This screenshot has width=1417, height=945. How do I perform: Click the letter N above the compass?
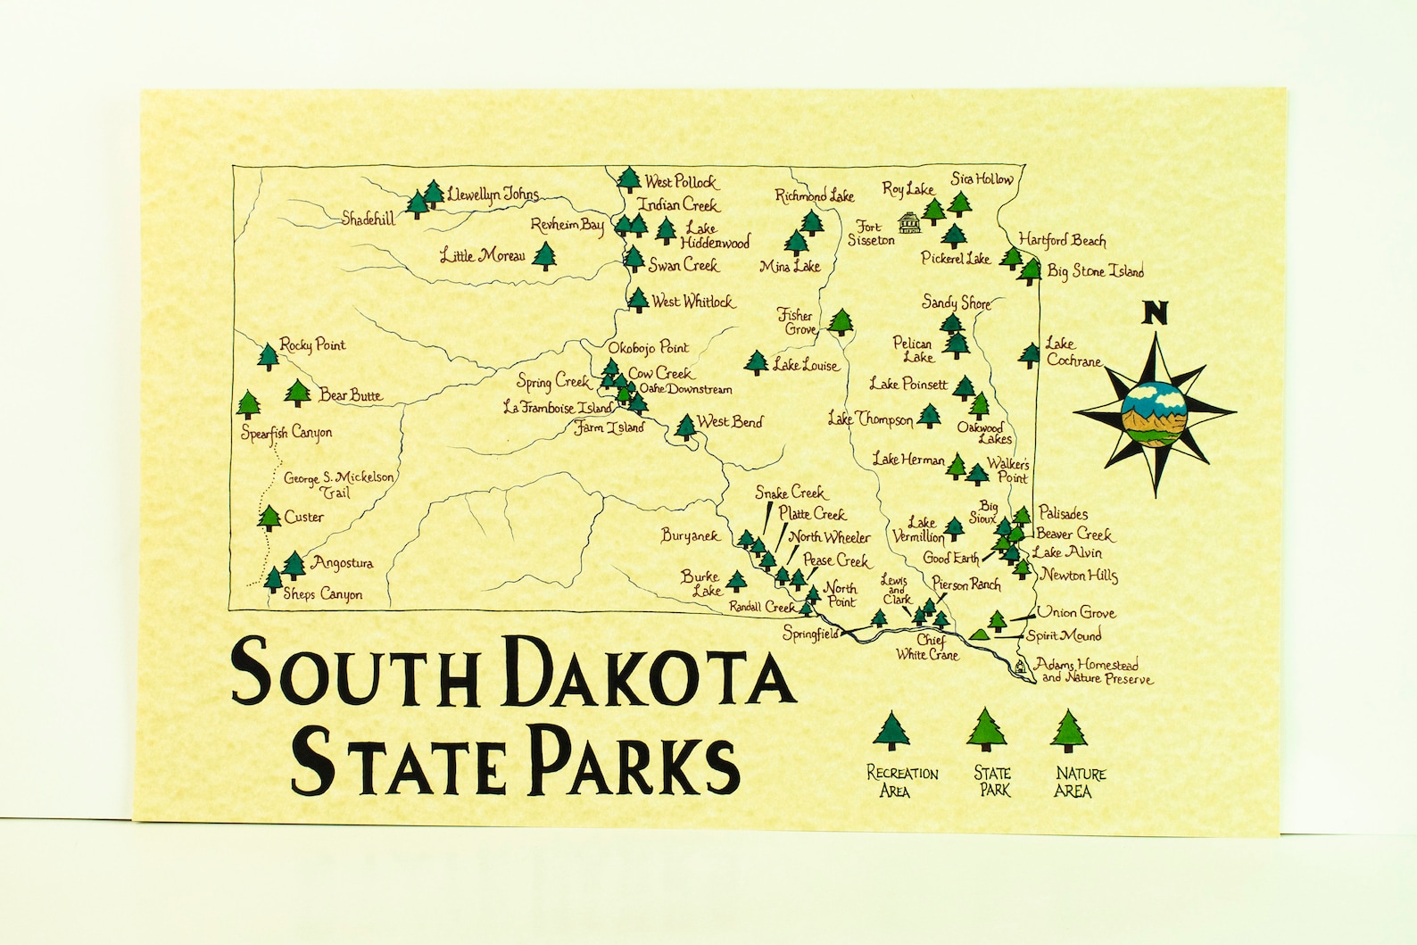[1156, 312]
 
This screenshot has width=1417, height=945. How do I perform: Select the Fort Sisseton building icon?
[909, 222]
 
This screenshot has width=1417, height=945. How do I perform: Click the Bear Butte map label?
[351, 395]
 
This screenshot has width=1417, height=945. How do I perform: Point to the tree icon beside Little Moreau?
[543, 256]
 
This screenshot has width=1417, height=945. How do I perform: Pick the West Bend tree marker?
[685, 427]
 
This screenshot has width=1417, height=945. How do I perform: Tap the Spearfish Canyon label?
[286, 433]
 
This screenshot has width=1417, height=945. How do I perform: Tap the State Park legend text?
[992, 781]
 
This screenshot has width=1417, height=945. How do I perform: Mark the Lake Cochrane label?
[1073, 352]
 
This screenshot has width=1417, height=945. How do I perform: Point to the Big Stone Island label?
[1095, 270]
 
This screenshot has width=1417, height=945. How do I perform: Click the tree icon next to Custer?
[269, 518]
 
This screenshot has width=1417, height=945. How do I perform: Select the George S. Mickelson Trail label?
[338, 485]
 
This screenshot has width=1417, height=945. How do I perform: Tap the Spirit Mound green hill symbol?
[979, 634]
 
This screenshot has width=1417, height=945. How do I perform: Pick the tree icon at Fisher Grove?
[840, 321]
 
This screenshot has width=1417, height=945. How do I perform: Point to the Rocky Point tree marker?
[268, 356]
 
